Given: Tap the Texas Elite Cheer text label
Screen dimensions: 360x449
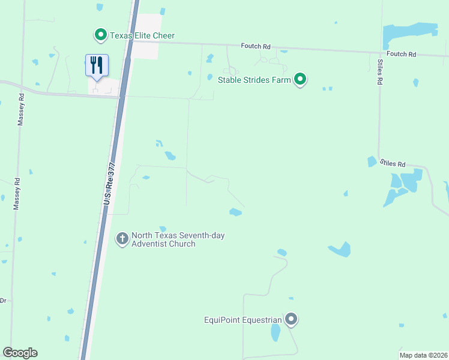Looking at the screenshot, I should point(142,36).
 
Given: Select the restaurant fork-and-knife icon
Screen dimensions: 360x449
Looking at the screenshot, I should point(97,64).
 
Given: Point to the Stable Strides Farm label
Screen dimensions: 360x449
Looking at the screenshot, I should point(255,79).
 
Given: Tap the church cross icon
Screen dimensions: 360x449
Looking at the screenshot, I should point(122,239).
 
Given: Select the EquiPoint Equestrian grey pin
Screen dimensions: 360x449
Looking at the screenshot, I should point(291,319).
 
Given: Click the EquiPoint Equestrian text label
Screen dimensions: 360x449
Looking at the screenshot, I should point(243,319).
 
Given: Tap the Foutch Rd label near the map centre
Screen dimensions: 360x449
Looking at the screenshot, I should point(256,46).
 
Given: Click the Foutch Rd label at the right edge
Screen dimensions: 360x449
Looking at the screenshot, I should point(402,54).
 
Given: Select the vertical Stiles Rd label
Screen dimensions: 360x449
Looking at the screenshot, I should point(380,71).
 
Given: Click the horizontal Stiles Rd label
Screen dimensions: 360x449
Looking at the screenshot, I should point(393,164).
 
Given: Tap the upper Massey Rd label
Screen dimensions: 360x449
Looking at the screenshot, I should point(22,108).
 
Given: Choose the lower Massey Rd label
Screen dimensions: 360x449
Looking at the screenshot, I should point(17,193).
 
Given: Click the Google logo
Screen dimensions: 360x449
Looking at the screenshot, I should point(20,353).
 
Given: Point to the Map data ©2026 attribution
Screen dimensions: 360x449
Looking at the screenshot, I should point(423,355).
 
